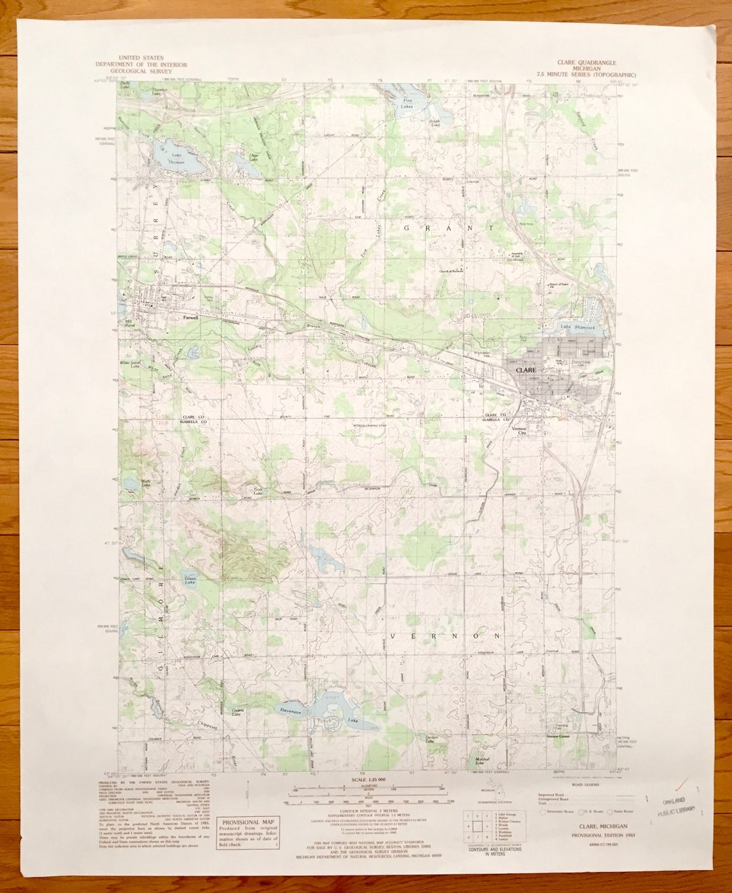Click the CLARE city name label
pos(525,371)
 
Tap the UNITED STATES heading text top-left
pos(135,58)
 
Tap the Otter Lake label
pos(254,156)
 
